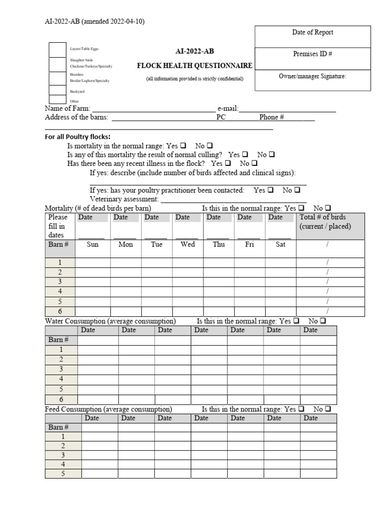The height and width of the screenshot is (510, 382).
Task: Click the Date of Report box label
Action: [x=312, y=32]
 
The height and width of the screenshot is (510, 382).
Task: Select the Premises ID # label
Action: [x=312, y=54]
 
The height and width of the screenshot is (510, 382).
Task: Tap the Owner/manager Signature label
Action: [x=312, y=76]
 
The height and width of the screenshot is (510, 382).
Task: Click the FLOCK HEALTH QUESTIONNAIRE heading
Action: [x=194, y=66]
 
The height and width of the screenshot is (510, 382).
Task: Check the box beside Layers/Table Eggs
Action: [x=57, y=50]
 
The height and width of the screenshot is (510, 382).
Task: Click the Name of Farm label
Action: [x=67, y=109]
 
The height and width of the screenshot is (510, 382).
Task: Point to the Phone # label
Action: [x=271, y=118]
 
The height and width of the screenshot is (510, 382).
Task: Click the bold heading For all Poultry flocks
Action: [x=78, y=137]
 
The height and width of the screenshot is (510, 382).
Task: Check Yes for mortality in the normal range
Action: [x=183, y=146]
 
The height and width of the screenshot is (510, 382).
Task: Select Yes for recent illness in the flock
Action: [x=228, y=163]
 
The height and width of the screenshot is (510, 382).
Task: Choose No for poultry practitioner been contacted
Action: [x=297, y=190]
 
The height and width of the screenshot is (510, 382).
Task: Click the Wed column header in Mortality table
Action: [x=188, y=245]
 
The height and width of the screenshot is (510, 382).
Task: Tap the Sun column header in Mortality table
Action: [x=93, y=245]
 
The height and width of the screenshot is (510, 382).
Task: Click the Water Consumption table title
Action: [x=110, y=321]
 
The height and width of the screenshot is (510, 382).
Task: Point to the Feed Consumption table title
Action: [x=108, y=409]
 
